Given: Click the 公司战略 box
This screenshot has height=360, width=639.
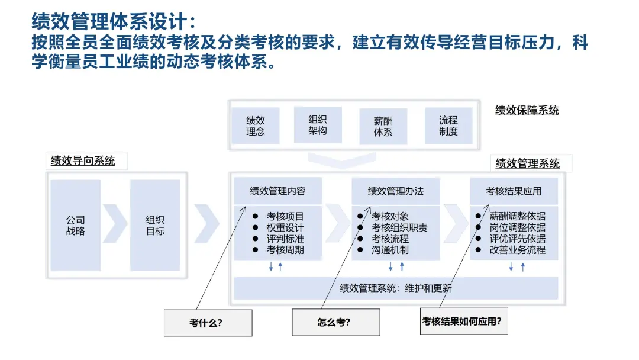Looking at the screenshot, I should click(75, 226).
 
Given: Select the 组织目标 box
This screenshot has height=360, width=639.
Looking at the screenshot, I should click(155, 226).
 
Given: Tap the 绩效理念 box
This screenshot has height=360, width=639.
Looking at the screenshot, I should click(256, 126).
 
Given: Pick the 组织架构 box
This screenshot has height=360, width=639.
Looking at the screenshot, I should click(318, 125).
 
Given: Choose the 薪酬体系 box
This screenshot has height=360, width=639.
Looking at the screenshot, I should click(383, 126).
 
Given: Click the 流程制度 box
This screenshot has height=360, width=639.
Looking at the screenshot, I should click(448, 126).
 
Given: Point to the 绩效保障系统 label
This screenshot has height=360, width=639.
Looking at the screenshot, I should click(527, 110).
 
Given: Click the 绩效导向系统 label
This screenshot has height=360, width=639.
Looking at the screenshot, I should click(83, 160).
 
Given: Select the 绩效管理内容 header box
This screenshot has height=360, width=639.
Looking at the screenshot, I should click(277, 191).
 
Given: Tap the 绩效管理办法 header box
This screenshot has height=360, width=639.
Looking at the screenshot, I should click(396, 191).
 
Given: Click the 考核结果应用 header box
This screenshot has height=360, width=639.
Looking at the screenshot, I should click(514, 191).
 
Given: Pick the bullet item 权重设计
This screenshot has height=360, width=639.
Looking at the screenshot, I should click(285, 227).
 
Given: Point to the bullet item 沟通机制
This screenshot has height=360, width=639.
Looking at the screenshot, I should click(390, 250).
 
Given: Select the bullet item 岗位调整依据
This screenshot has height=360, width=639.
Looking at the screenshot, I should click(517, 227).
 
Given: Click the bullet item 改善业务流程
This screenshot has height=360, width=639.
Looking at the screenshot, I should click(517, 250).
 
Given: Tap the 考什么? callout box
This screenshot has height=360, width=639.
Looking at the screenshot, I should click(208, 323).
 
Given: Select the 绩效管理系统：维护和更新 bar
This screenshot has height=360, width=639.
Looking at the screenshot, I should click(396, 288).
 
